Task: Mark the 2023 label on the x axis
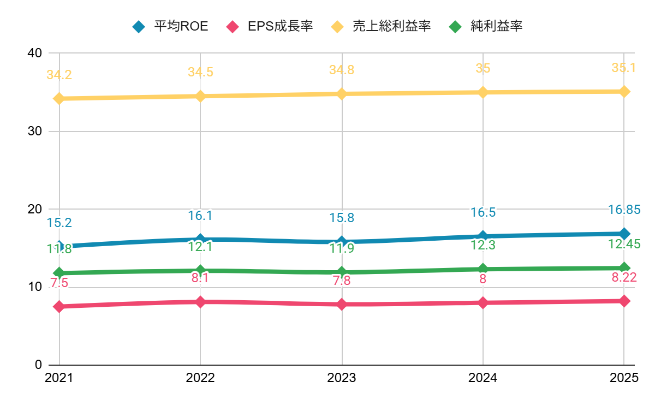pyautogui.click(x=342, y=378)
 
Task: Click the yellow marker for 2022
pyautogui.click(x=200, y=96)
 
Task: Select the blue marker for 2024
pyautogui.click(x=483, y=236)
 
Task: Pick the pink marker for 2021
pyautogui.click(x=59, y=307)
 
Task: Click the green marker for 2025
pyautogui.click(x=624, y=267)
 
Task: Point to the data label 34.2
pyautogui.click(x=59, y=75)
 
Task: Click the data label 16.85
pyautogui.click(x=624, y=210)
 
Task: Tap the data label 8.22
pyautogui.click(x=624, y=278)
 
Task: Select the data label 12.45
pyautogui.click(x=624, y=244)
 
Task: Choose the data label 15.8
pyautogui.click(x=342, y=218)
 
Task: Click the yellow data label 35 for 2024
pyautogui.click(x=483, y=68)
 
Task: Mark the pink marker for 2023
pyautogui.click(x=342, y=304)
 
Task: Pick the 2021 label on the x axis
pyautogui.click(x=59, y=378)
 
